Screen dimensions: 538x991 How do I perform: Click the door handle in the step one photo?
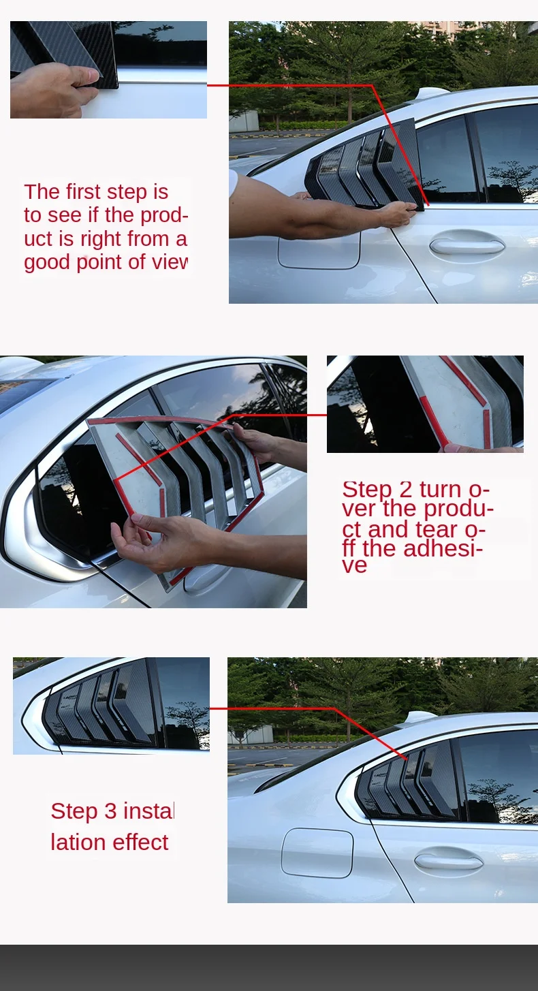tap(467, 243)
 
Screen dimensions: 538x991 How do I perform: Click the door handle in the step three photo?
tap(449, 860)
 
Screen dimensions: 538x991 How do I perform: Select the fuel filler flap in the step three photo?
tap(317, 853)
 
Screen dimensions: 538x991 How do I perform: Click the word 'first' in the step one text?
tap(82, 192)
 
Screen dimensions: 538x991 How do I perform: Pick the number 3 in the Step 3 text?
tap(110, 811)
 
